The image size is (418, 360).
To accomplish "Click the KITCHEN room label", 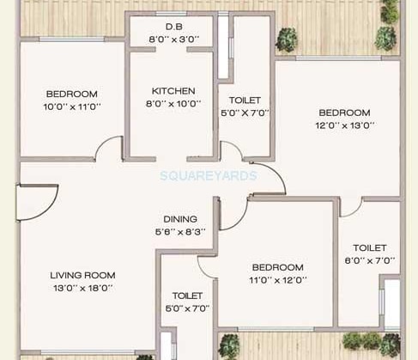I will point(173,90).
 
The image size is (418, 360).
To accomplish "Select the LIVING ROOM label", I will point(83,275).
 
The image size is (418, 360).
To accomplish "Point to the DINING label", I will point(180,219).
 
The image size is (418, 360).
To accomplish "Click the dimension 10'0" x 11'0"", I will point(72,107).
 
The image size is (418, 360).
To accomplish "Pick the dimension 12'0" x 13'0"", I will point(344,125).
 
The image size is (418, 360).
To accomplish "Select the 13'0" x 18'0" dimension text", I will point(83,288).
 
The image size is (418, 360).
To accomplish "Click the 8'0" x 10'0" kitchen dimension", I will point(173,103).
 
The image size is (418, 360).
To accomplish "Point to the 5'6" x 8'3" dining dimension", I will point(180,232).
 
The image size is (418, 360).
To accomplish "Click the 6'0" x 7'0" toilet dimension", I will point(369,260).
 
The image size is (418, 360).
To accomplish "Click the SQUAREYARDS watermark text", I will point(209,174).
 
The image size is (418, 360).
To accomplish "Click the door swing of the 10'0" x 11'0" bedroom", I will point(108,149).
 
